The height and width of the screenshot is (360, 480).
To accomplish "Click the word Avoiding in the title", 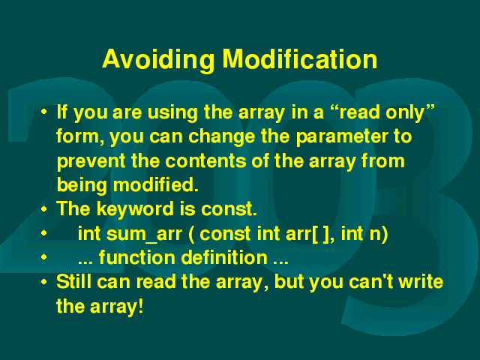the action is [158, 60].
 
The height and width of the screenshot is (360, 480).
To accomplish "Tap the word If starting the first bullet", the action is [61, 112].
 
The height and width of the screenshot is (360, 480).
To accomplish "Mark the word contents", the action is [205, 161].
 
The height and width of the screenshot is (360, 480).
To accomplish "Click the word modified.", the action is [156, 184].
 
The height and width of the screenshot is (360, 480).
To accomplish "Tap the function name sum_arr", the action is [144, 235].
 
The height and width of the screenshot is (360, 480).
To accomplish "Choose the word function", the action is [137, 257].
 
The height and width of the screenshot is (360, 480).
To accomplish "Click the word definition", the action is [224, 257].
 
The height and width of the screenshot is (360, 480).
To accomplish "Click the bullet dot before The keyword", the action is [44, 210].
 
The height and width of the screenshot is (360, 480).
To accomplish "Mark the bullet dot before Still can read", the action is [44, 282].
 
